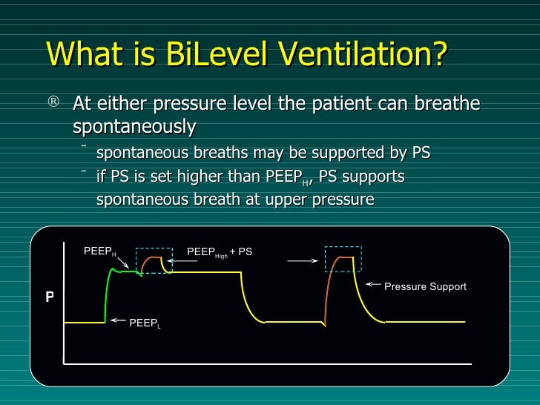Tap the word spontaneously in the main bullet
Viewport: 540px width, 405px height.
134,127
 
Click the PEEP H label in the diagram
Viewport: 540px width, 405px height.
99,252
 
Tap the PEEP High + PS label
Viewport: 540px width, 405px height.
220,252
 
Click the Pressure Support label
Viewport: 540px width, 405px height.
425,286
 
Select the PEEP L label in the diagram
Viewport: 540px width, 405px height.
145,324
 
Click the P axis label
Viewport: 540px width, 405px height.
50,297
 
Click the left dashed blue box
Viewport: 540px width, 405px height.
154,260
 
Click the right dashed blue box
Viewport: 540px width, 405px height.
343,260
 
